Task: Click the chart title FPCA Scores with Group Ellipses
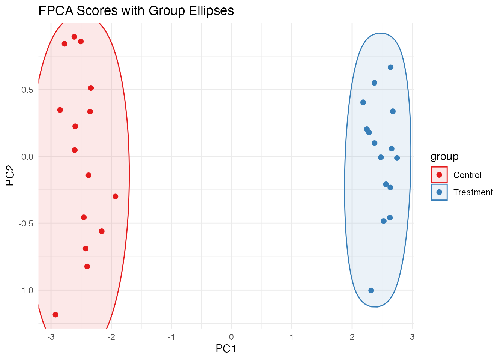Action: pyautogui.click(x=136, y=11)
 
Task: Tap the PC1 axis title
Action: pyautogui.click(x=226, y=349)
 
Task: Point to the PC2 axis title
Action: pyautogui.click(x=10, y=175)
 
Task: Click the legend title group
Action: pyautogui.click(x=444, y=156)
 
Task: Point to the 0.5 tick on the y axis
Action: pyautogui.click(x=27, y=90)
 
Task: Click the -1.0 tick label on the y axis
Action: pyautogui.click(x=26, y=290)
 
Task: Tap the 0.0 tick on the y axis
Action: pyautogui.click(x=27, y=157)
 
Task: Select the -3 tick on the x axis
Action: pyautogui.click(x=51, y=337)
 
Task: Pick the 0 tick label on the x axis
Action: pyautogui.click(x=232, y=337)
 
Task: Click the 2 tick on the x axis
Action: pyautogui.click(x=352, y=337)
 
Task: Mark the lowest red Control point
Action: pyautogui.click(x=55, y=315)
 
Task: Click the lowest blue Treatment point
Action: pyautogui.click(x=371, y=290)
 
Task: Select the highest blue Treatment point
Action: pyautogui.click(x=390, y=67)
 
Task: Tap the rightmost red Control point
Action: pyautogui.click(x=115, y=196)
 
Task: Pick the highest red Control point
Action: pyautogui.click(x=74, y=37)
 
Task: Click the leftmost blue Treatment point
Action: pyautogui.click(x=363, y=102)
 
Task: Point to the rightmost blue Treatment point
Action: pyautogui.click(x=397, y=158)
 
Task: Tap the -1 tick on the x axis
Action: pyautogui.click(x=171, y=337)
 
